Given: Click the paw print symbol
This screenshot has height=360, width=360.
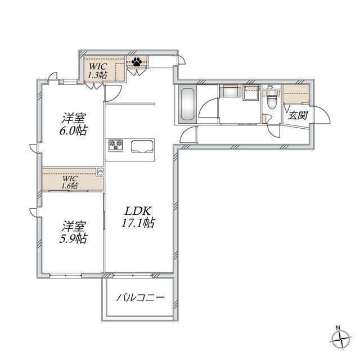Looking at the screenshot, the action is click(x=137, y=61).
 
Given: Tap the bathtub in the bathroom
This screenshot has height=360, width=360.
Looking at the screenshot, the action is click(x=188, y=104).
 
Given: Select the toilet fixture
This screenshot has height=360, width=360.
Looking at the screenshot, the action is click(x=272, y=101).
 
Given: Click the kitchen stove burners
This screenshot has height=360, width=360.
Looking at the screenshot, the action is click(x=116, y=146).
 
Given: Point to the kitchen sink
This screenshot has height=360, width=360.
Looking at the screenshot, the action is click(x=142, y=147).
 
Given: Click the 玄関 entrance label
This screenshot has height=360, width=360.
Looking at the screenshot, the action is click(x=298, y=115).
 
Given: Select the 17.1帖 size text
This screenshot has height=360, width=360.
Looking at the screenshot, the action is click(x=138, y=223).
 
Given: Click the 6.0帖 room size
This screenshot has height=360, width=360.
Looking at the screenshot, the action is click(x=73, y=130).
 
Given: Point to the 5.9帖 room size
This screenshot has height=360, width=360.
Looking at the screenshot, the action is click(x=73, y=238).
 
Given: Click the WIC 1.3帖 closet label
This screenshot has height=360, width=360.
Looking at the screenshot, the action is click(x=98, y=70).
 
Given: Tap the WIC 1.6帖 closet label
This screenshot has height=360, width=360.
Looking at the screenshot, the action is click(x=70, y=182).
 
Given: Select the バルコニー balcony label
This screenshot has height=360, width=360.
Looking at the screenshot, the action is click(x=141, y=298).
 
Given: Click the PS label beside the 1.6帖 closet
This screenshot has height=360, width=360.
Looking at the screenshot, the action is click(x=100, y=172).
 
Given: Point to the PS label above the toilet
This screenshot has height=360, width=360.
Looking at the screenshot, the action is click(x=270, y=87).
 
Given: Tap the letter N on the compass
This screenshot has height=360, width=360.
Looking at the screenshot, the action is click(x=338, y=328).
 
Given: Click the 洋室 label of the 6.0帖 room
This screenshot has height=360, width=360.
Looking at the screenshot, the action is click(x=74, y=119).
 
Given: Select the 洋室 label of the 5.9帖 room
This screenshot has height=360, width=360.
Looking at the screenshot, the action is click(x=74, y=227).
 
